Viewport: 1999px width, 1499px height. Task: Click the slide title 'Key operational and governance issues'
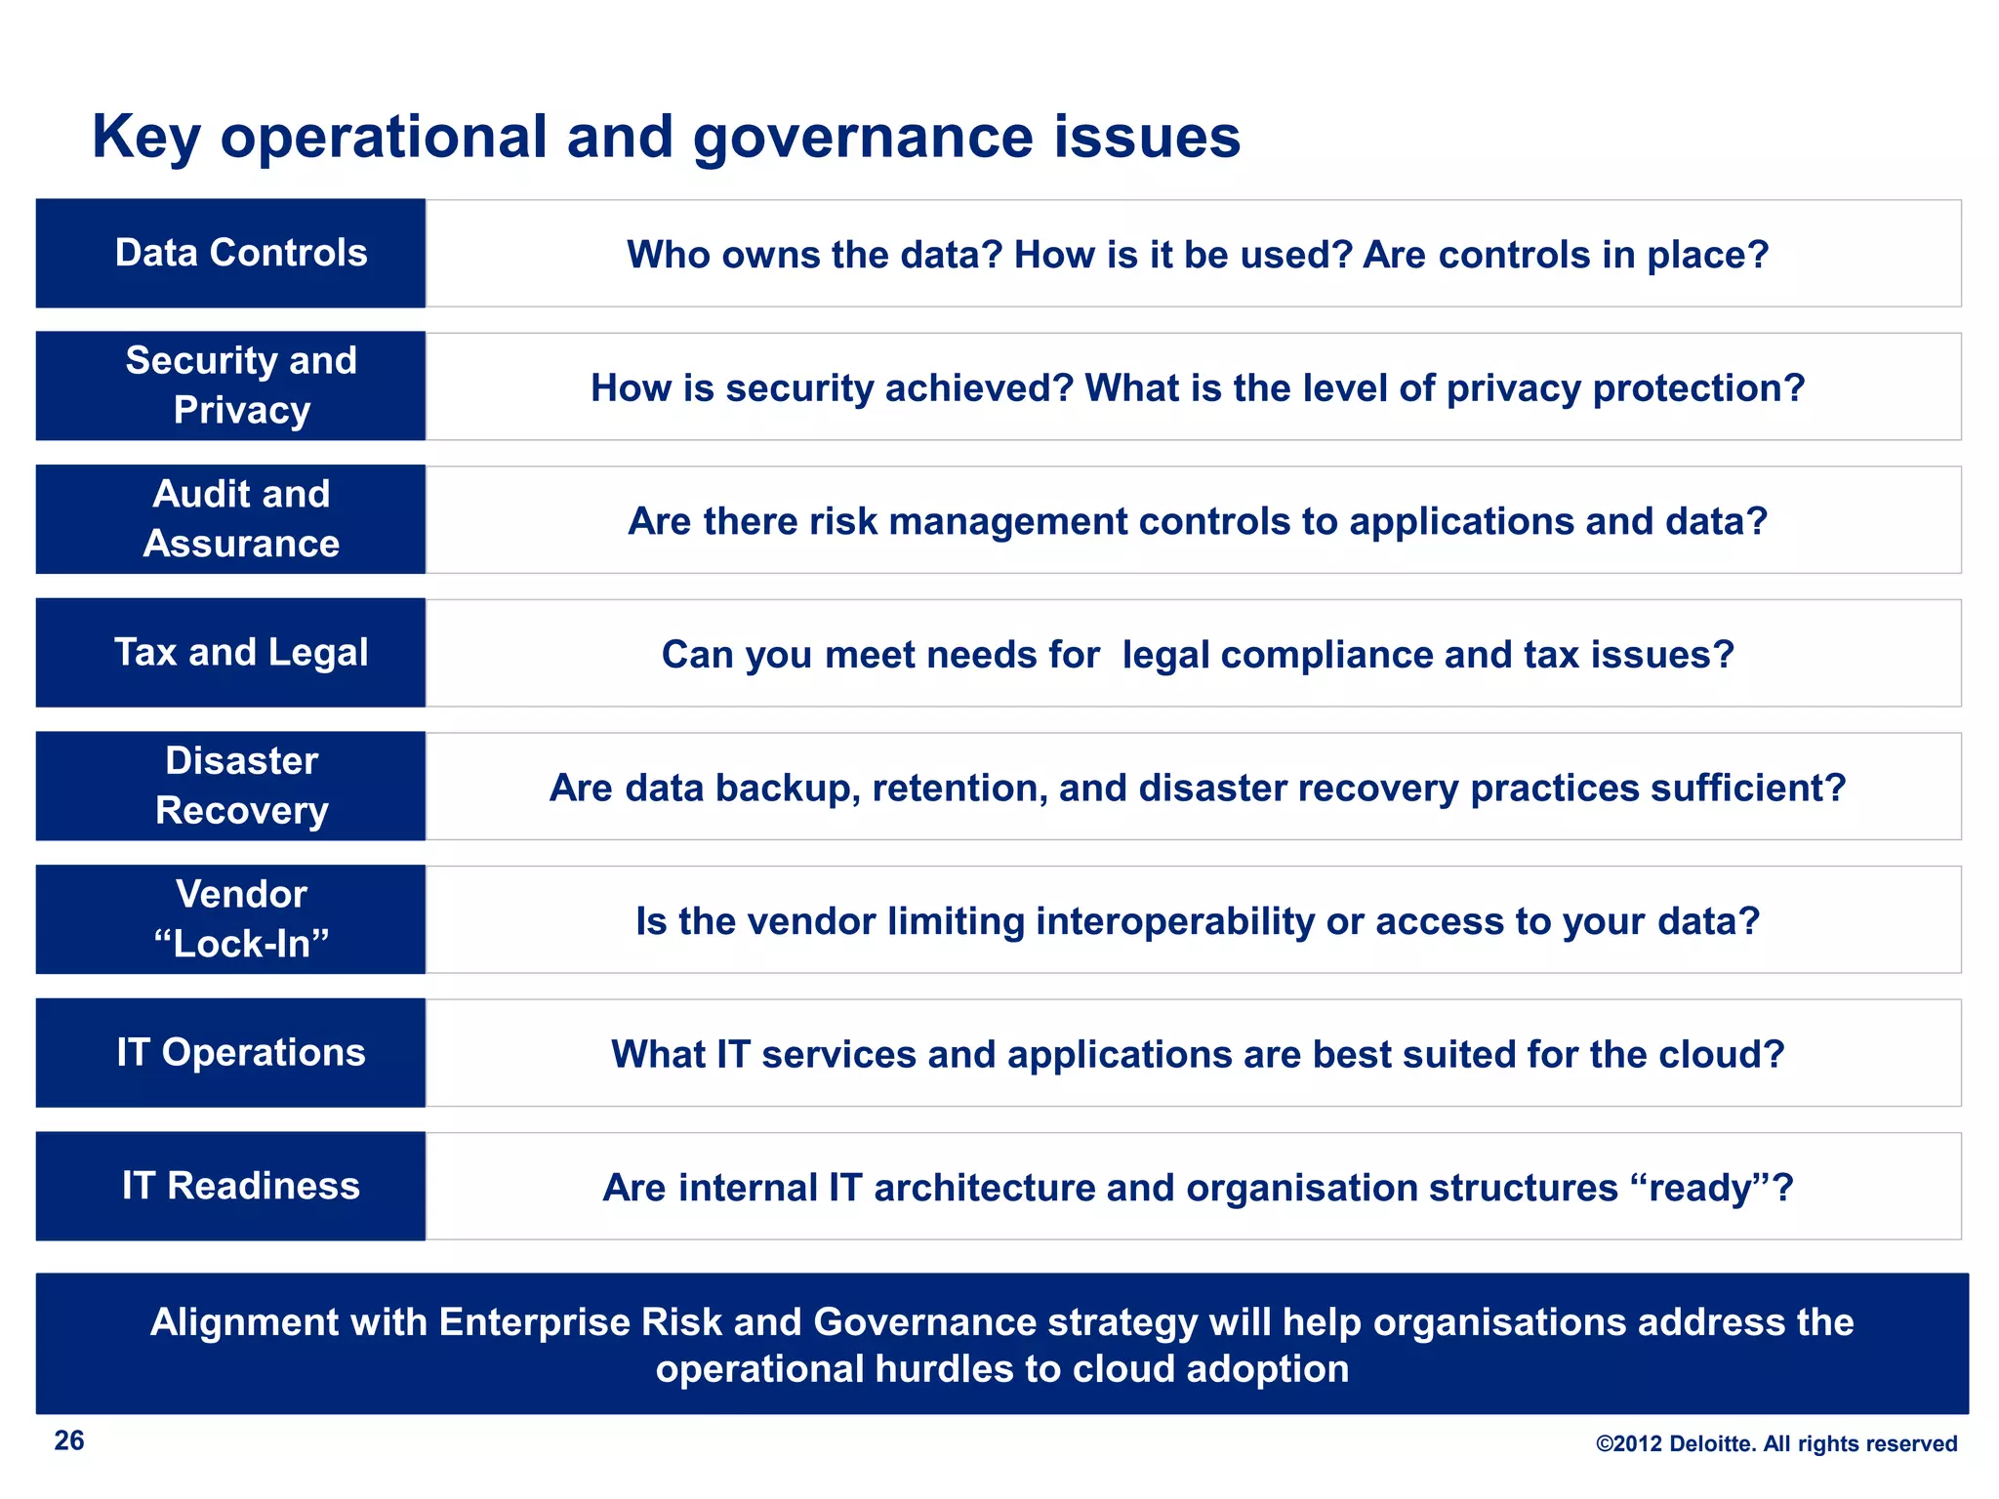[666, 137]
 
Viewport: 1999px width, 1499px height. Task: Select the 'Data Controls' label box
[231, 254]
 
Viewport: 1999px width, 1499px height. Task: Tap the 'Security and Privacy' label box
[231, 385]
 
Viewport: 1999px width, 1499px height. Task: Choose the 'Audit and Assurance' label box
[231, 519]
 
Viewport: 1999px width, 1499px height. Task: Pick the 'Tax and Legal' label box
[231, 652]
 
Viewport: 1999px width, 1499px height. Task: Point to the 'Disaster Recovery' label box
[231, 786]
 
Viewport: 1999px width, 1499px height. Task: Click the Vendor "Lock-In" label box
[231, 919]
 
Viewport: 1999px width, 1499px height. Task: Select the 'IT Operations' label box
[231, 1052]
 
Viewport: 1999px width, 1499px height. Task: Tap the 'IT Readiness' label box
[231, 1186]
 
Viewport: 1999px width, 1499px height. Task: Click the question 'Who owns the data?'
[815, 255]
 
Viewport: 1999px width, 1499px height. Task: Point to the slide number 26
[69, 1440]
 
